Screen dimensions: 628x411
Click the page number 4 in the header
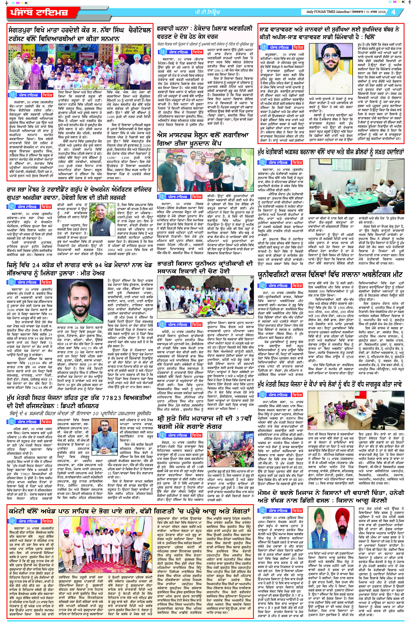393,12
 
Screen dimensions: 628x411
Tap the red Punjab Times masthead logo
39,12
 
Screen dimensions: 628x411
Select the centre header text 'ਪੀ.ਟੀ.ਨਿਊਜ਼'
206,12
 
